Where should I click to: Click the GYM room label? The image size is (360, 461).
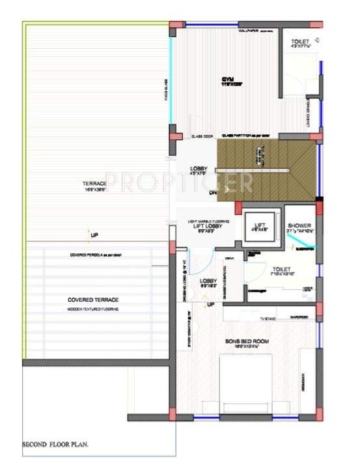click(x=227, y=81)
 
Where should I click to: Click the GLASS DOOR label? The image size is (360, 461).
click(x=202, y=136)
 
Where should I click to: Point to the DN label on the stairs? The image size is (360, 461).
click(x=212, y=193)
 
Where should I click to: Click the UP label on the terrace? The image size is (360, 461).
click(x=94, y=234)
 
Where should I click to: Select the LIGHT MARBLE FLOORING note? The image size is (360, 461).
click(x=210, y=220)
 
